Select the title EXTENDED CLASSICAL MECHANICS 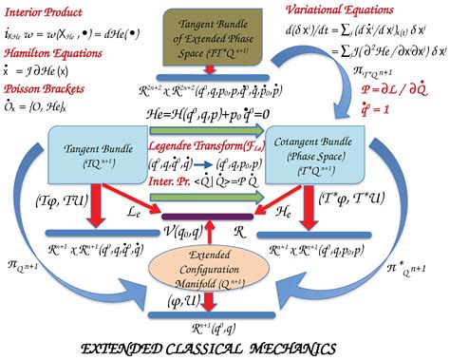pyautogui.click(x=225, y=349)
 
